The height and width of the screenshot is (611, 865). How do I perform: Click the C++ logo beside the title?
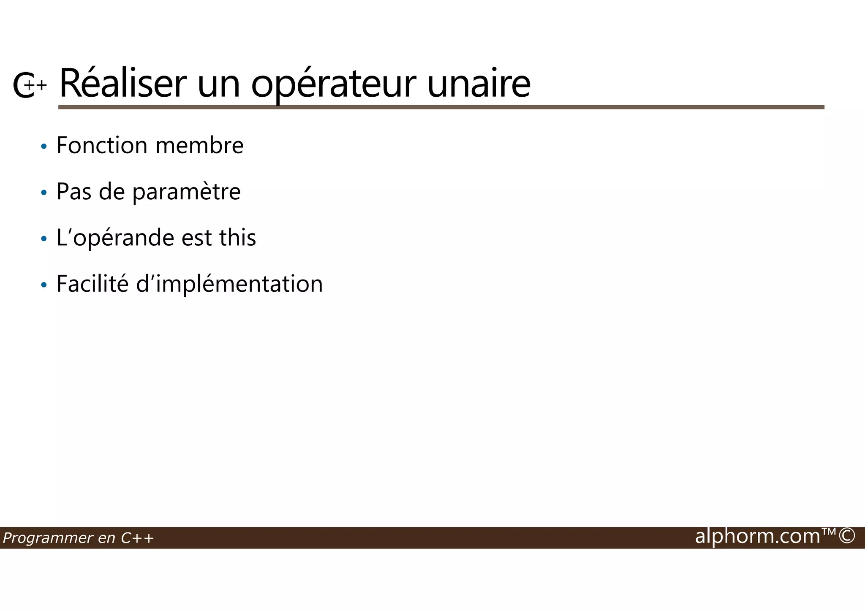point(29,85)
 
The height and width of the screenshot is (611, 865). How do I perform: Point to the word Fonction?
point(102,145)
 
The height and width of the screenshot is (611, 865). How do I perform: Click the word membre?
point(199,146)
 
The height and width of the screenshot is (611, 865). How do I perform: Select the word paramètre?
point(186,192)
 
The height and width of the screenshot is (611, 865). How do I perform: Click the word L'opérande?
point(115,238)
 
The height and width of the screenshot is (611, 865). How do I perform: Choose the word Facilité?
point(92,284)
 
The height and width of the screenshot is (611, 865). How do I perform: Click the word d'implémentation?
point(229,284)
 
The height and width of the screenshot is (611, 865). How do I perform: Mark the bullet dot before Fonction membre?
point(44,147)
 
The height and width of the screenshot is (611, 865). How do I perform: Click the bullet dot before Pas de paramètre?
point(44,193)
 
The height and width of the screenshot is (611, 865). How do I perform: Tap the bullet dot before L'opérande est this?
point(44,239)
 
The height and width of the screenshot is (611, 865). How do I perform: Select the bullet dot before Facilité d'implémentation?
point(44,285)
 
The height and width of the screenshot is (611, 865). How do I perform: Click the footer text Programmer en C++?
point(78,538)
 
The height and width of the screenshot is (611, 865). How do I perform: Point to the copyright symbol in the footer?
point(846,536)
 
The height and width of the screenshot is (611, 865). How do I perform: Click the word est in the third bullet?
point(196,238)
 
